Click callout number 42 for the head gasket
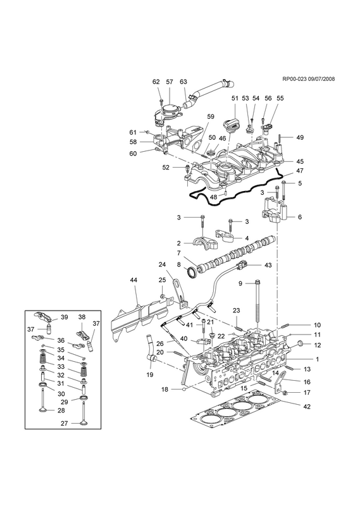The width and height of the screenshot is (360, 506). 307,407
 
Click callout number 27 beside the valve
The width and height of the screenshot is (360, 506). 65,423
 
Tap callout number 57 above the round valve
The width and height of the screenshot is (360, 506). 170,82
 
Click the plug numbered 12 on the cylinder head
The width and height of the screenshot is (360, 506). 300,343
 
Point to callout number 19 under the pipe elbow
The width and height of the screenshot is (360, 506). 150,374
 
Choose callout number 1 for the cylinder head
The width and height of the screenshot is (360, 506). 317,359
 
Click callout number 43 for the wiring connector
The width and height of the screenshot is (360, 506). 268,265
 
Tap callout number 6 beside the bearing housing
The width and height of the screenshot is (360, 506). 300,217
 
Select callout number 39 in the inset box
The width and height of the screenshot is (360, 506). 65,317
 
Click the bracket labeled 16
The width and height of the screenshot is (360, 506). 280,382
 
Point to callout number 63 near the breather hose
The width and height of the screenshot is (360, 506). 183,82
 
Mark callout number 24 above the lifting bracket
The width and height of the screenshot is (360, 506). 162,264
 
